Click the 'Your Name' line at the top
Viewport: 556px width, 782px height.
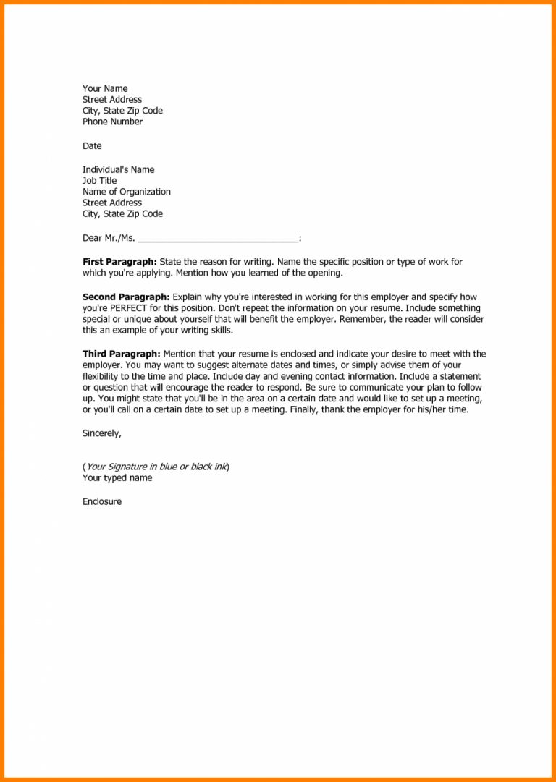[105, 89]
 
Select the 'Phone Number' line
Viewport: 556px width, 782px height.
[112, 122]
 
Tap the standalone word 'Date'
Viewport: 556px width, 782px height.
[92, 146]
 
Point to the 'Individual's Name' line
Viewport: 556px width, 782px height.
[118, 170]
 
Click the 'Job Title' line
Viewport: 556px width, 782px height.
[99, 181]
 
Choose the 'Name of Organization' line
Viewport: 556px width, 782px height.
[127, 192]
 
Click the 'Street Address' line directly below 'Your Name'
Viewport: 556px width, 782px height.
[112, 100]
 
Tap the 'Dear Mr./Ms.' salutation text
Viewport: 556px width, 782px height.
[109, 237]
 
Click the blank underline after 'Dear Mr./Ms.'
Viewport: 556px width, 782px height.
[217, 239]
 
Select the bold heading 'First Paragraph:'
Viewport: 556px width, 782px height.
[119, 262]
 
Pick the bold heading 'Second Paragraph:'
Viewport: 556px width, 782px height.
[126, 297]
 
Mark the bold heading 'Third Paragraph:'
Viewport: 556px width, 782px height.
[121, 354]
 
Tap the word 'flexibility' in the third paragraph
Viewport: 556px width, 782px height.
[101, 377]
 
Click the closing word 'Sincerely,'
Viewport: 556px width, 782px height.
[102, 434]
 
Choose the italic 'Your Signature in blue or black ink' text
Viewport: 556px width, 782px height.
[156, 467]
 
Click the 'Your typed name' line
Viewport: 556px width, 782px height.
[117, 478]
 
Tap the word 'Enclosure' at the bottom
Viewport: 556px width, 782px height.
[102, 502]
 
